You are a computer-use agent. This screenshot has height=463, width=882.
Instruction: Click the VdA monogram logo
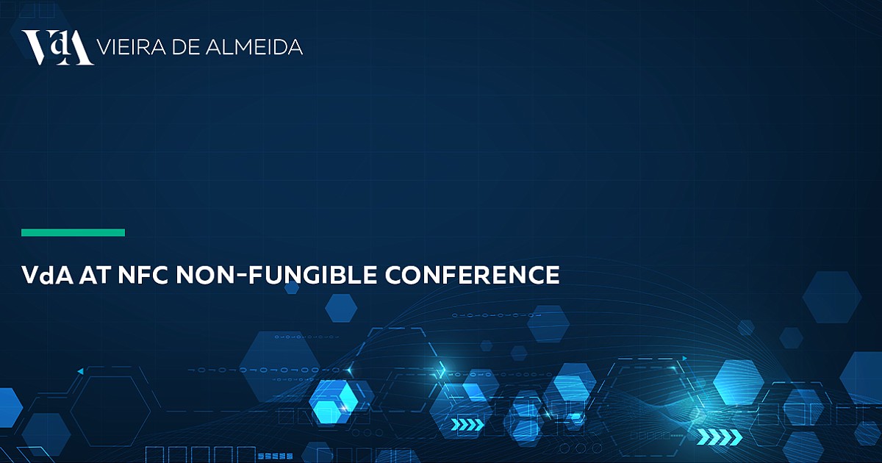pos(58,48)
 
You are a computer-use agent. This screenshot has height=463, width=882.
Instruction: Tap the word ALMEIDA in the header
pos(254,47)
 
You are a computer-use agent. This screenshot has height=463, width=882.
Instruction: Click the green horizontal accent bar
pos(73,233)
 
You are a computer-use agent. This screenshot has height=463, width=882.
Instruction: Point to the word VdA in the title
pos(47,275)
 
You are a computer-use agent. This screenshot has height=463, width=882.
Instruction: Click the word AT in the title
pos(94,275)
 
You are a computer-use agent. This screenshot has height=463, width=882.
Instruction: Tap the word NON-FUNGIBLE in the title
pos(276,275)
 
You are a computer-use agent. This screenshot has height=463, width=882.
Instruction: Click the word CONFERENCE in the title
pos(472,275)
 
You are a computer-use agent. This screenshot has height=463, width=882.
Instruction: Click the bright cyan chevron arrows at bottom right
pos(719,437)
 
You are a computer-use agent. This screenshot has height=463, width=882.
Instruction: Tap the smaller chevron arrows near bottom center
pos(467,425)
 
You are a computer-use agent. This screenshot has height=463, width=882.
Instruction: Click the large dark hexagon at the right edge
pos(831,297)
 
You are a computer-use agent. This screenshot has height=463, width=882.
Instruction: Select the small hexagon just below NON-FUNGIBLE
pos(292,288)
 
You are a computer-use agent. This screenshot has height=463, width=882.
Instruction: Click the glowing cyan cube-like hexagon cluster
pos(335,401)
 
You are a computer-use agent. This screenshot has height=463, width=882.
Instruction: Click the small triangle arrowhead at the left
pos(80,371)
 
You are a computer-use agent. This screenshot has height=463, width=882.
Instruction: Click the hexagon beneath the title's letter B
pos(341,308)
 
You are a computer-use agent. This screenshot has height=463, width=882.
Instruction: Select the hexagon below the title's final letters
pos(548,323)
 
